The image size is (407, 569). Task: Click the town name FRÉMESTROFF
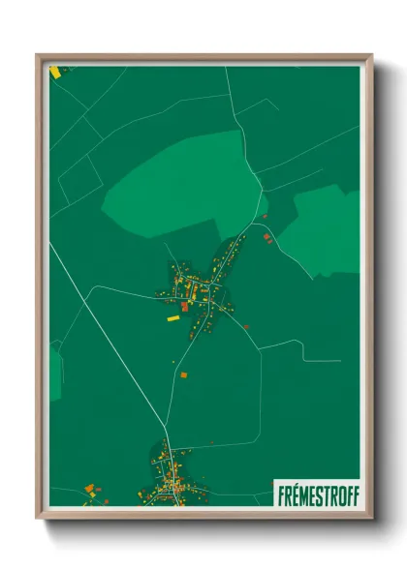coord(317,494)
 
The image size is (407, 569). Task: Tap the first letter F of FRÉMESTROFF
coord(279,494)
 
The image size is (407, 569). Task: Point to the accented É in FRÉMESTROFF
coord(294,494)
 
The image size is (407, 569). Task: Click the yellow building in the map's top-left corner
coord(56,72)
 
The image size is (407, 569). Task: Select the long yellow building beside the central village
coord(173,316)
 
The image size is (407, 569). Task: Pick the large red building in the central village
coord(184,307)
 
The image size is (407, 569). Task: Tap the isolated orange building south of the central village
coord(183,374)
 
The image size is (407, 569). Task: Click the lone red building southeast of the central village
coord(248,327)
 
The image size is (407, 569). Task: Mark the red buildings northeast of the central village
coord(266,237)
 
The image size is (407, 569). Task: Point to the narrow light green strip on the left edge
coord(55,373)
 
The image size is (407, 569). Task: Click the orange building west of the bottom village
coord(89,489)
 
